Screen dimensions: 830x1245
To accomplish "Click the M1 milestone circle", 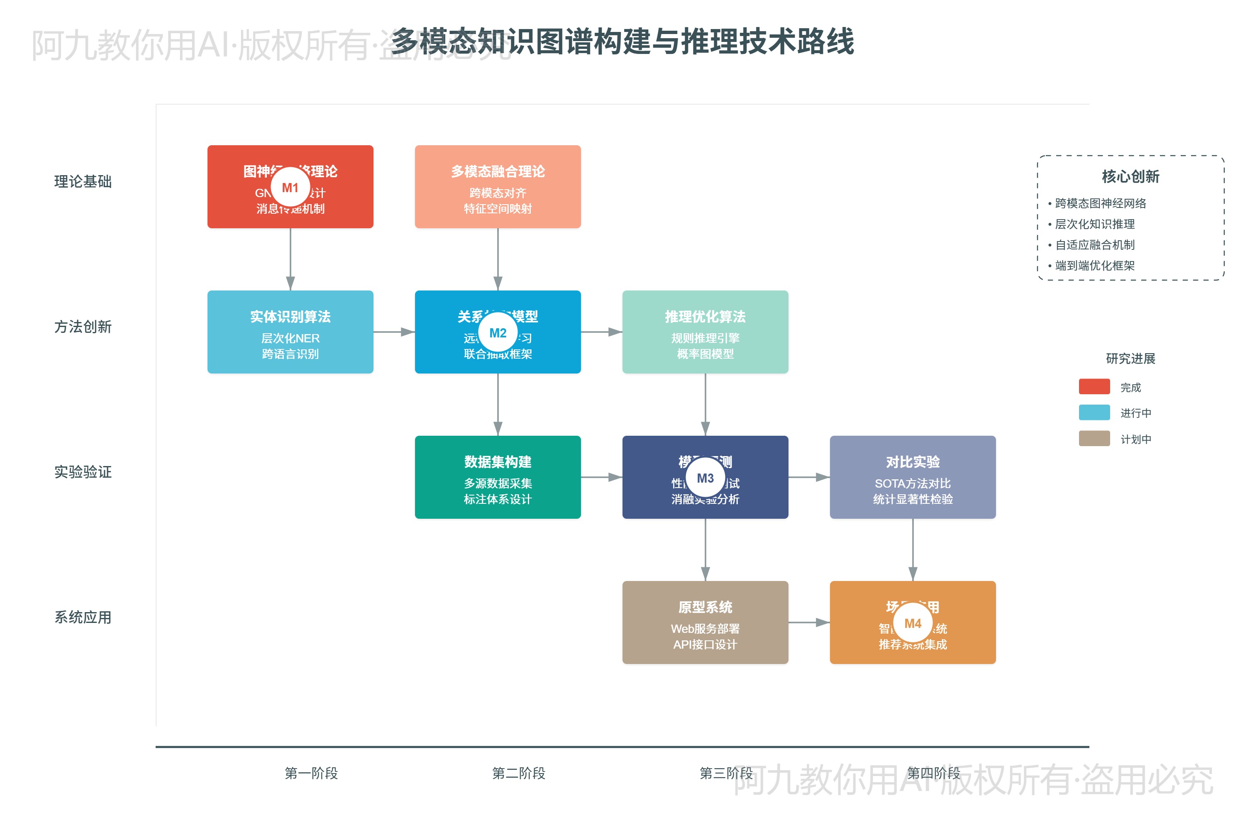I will tap(290, 188).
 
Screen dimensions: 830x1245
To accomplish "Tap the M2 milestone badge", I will tap(498, 332).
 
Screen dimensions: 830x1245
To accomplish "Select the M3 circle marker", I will tap(705, 478).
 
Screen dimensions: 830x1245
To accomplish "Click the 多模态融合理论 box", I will tap(498, 186).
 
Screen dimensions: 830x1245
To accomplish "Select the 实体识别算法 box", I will tap(290, 332).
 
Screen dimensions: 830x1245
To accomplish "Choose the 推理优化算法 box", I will tap(705, 332).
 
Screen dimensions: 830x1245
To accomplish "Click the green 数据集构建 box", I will tap(498, 477).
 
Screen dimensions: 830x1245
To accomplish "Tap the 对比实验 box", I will tap(913, 477).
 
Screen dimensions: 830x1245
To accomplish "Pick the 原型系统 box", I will tap(705, 622).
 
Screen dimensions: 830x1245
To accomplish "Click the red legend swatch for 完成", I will tap(1094, 386).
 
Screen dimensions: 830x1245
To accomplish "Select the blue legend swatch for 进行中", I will tap(1094, 413).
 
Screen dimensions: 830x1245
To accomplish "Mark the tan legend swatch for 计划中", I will tap(1094, 438).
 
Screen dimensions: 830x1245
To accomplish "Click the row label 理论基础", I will tap(83, 182).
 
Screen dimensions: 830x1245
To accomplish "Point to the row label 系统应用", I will tap(83, 617).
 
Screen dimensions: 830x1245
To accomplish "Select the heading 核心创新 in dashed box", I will tap(1130, 176).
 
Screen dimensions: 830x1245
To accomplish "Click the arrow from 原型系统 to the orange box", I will tap(809, 622).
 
